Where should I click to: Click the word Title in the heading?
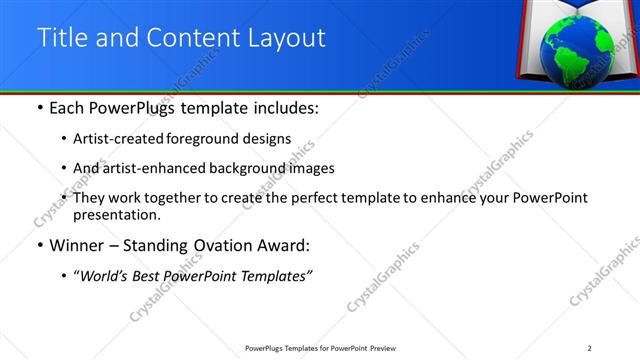tap(61, 38)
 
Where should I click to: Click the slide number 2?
tap(590, 348)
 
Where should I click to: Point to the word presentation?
tap(116, 214)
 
